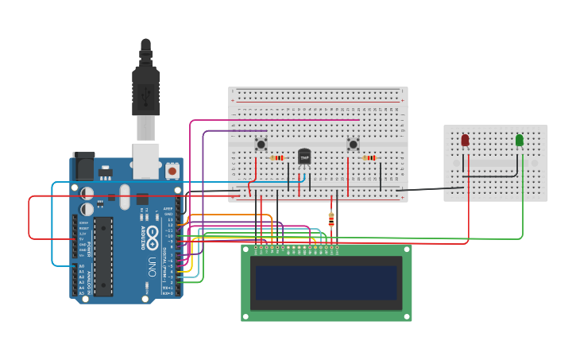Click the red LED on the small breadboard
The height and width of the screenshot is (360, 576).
465,141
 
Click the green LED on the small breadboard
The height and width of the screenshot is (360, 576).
520,141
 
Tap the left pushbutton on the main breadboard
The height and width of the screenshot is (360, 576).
261,145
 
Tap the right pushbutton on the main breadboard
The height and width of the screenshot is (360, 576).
353,144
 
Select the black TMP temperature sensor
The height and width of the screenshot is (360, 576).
303,157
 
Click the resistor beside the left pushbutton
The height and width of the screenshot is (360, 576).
277,157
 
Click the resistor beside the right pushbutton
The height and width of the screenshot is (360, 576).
369,157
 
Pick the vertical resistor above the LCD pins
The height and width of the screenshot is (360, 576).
331,219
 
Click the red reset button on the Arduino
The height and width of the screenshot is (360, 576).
172,170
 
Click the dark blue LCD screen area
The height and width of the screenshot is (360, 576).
326,282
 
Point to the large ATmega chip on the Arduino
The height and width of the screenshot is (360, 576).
103,256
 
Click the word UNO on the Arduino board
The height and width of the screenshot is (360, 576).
152,268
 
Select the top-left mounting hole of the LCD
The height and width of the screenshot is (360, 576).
246,250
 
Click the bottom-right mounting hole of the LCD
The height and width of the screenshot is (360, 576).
407,315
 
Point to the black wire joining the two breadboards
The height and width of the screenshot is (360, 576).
429,189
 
